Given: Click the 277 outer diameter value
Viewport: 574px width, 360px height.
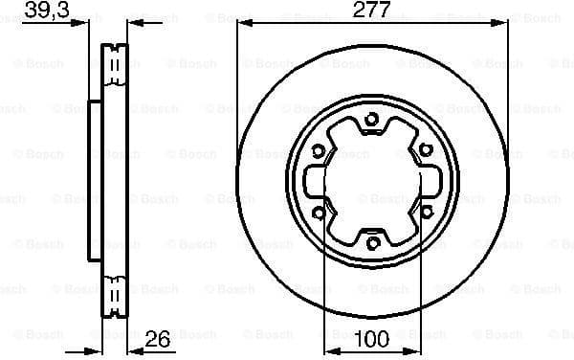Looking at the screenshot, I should (372, 11).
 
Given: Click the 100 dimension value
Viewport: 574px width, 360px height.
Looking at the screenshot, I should (372, 337).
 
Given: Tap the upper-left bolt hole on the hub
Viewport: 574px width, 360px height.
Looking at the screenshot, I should (319, 148).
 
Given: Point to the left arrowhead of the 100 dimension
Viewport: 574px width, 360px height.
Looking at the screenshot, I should (329, 348).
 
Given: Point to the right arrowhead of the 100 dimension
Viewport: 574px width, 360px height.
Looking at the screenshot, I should (415, 348).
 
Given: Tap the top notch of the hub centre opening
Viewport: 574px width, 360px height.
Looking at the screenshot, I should (372, 132).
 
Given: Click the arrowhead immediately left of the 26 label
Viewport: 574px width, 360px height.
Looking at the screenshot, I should (133, 348).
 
